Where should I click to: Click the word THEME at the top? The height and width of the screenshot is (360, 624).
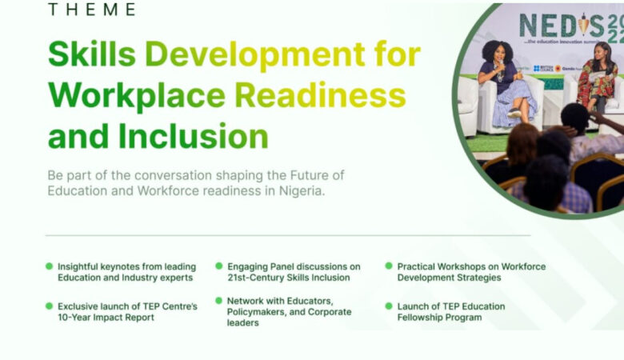pos(91,10)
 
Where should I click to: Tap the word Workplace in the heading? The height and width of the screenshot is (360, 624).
pos(136,95)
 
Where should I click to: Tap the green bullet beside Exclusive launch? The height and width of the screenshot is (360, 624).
pos(50,306)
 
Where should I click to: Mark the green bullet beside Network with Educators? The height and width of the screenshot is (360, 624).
pos(218,300)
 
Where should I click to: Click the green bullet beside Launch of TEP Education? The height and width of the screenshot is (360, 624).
pos(389,306)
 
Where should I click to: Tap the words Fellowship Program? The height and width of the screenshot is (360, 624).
pos(439,318)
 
